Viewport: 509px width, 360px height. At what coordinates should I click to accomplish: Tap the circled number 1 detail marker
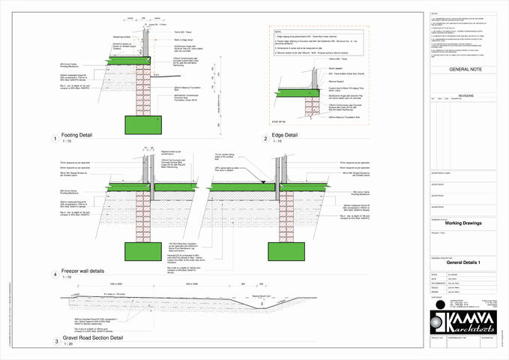tap(55, 138)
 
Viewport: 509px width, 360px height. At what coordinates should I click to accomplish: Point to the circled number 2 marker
tap(265, 138)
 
